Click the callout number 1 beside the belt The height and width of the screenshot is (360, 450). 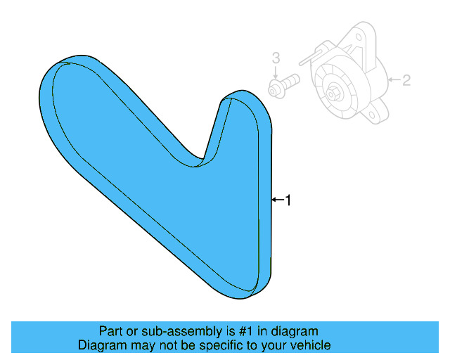tap(288, 200)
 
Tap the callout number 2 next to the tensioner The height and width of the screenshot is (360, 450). tap(406, 80)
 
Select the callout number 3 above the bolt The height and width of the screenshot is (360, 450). tap(276, 57)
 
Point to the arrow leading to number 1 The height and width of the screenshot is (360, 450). tap(277, 200)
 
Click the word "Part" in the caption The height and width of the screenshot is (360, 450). tap(111, 331)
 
